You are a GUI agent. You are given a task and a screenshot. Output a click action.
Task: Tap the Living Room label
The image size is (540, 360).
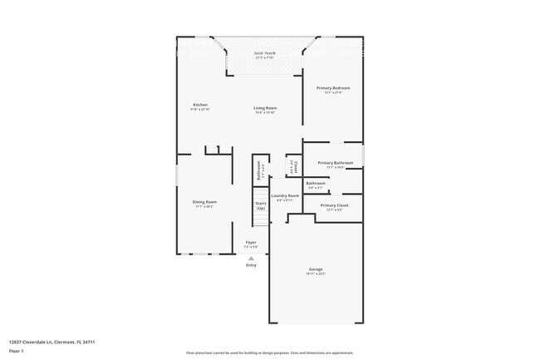pyautogui.click(x=265, y=108)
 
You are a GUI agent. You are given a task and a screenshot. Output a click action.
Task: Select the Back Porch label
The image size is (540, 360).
pyautogui.click(x=265, y=53)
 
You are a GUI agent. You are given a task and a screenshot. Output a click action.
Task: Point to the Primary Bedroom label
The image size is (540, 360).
pyautogui.click(x=332, y=87)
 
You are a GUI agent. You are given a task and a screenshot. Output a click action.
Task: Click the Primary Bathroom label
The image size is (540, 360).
pyautogui.click(x=335, y=163)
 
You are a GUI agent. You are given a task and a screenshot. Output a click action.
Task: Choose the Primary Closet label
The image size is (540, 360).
pyautogui.click(x=334, y=205)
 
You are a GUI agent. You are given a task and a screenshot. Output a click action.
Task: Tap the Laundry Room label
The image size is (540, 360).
pyautogui.click(x=284, y=195)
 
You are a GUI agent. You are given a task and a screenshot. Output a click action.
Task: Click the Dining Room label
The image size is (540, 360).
pyautogui.click(x=204, y=201)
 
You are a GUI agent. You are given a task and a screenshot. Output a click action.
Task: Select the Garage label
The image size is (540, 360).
pyautogui.click(x=316, y=269)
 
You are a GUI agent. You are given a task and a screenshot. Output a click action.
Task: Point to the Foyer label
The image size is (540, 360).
pyautogui.click(x=251, y=242)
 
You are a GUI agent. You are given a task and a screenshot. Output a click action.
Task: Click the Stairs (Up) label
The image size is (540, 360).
pyautogui.click(x=260, y=205)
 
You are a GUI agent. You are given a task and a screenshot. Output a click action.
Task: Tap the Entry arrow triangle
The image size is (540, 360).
pyautogui.click(x=251, y=258)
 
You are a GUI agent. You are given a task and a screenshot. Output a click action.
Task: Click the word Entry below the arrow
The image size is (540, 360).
pyautogui.click(x=251, y=265)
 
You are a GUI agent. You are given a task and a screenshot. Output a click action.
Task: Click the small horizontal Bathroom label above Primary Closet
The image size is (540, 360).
pyautogui.click(x=316, y=183)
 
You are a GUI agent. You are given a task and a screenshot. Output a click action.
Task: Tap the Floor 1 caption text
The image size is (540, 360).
pyautogui.click(x=17, y=352)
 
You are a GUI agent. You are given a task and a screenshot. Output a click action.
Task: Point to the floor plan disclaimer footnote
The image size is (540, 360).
pyautogui.click(x=269, y=353)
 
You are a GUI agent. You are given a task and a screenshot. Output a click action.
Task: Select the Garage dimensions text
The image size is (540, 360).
pyautogui.click(x=316, y=274)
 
